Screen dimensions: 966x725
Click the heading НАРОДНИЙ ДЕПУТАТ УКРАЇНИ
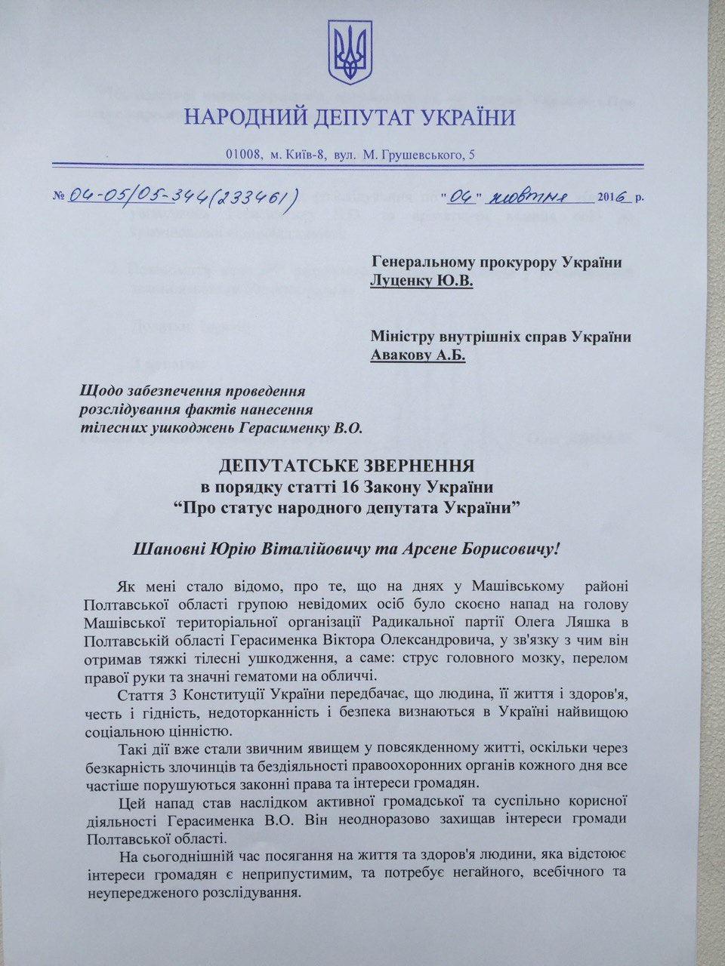[350, 118]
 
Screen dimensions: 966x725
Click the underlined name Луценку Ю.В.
[421, 281]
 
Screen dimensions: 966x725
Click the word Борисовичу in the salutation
[501, 546]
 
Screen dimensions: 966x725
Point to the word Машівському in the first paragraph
[501, 587]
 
